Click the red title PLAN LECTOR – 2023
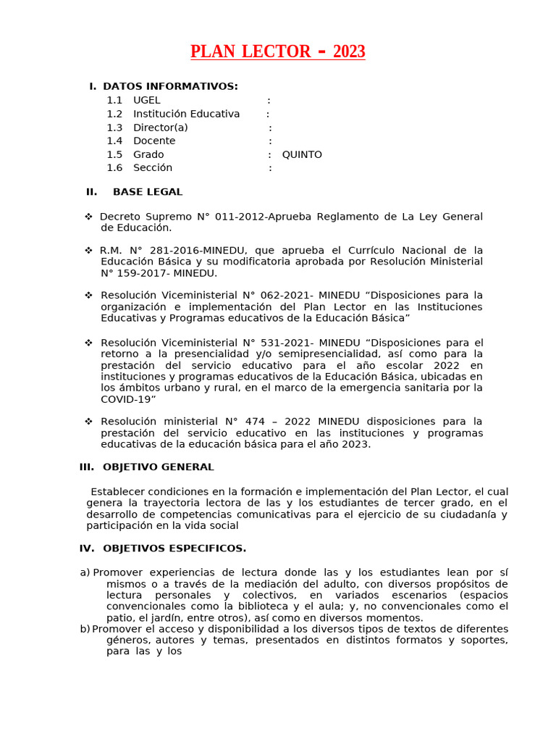click(x=277, y=52)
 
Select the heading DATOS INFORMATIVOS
click(x=170, y=87)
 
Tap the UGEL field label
click(x=147, y=101)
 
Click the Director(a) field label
click(x=160, y=128)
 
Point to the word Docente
click(x=154, y=141)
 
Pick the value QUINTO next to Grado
click(x=302, y=155)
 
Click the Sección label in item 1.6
click(x=153, y=168)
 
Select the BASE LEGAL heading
click(x=148, y=192)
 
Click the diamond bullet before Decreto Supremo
click(x=88, y=217)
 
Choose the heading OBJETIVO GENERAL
click(x=158, y=467)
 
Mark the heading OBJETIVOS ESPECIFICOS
click(x=174, y=549)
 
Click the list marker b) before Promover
click(x=85, y=629)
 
